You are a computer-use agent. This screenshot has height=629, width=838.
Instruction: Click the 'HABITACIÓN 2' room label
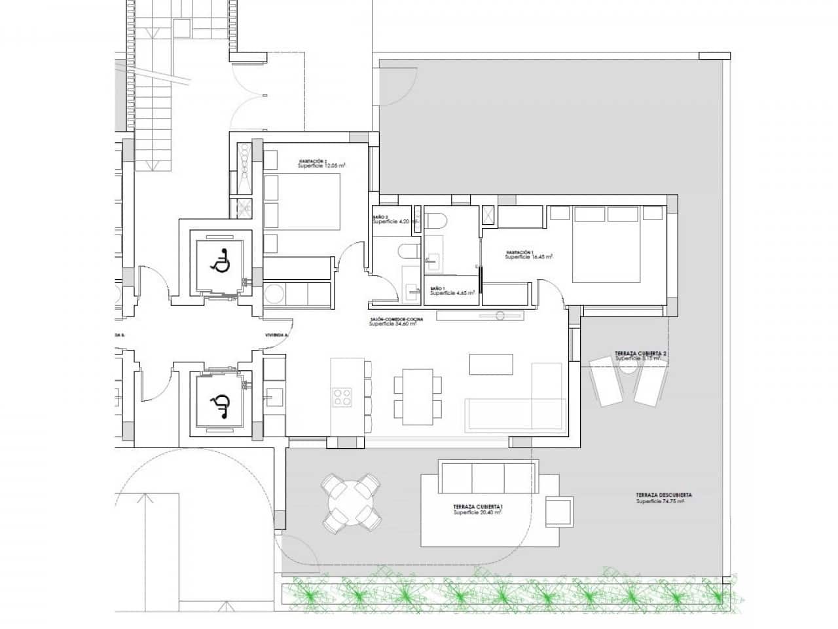[x=313, y=161]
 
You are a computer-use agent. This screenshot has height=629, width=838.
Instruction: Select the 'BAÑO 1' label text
[x=438, y=288]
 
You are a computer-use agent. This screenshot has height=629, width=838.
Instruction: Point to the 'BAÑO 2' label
[x=381, y=217]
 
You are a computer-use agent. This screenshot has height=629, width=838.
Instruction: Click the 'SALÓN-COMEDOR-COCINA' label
[x=396, y=319]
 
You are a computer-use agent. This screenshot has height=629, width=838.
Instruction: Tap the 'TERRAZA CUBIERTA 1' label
[x=477, y=507]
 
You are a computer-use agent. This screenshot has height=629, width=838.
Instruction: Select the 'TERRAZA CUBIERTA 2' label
[x=640, y=354]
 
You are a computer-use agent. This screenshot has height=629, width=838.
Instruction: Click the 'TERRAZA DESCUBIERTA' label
[x=664, y=495]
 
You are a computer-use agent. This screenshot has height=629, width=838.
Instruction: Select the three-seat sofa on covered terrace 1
[x=489, y=476]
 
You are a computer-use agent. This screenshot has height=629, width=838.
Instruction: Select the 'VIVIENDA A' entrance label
[x=276, y=335]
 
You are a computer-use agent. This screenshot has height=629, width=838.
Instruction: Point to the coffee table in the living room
[x=491, y=364]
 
